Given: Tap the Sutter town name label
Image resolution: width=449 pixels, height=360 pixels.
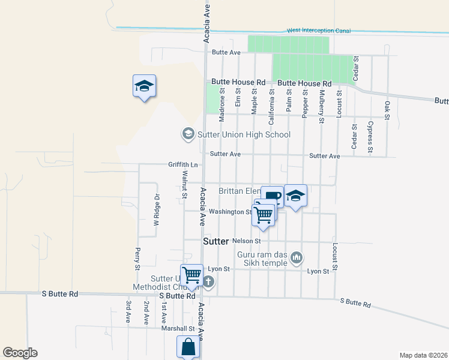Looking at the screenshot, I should [x=216, y=241].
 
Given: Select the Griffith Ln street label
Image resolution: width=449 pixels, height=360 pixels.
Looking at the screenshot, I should [x=182, y=164].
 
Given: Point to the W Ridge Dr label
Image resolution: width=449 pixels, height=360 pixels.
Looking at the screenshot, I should [x=156, y=209].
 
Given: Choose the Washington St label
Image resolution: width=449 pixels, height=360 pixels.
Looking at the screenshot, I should [x=231, y=212].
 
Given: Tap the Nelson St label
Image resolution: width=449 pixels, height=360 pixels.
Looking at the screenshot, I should [x=250, y=241].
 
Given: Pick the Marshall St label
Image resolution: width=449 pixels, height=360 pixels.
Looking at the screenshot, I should [x=178, y=328].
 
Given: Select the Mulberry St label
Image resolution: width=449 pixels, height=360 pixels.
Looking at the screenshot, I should [x=322, y=106].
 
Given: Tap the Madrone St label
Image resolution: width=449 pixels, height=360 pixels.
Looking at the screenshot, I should [x=222, y=106].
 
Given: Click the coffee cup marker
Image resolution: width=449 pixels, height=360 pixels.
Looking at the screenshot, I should [x=272, y=196].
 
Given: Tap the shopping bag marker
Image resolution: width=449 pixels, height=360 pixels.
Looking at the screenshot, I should [x=188, y=346].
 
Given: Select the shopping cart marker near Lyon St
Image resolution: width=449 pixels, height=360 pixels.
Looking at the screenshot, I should [x=192, y=275].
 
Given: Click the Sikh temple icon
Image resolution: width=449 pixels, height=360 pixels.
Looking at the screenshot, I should [x=296, y=258].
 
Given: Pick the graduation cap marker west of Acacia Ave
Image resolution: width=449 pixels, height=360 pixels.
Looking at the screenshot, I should [x=144, y=86].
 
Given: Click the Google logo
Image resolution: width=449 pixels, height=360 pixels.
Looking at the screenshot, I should [x=20, y=353].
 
